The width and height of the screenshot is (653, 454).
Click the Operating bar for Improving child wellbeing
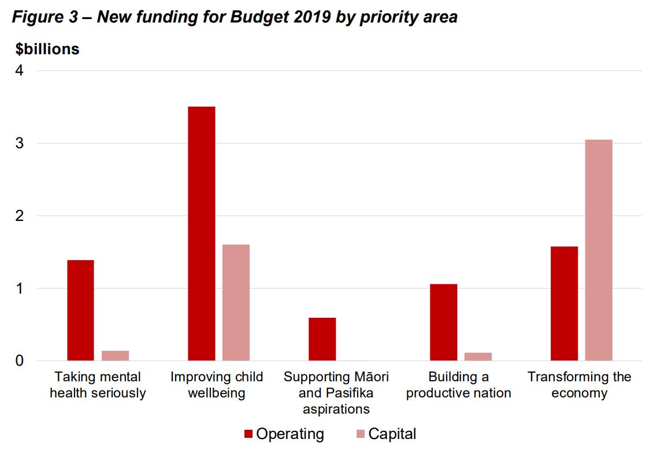tap(201, 234)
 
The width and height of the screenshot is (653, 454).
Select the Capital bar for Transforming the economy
tap(598, 250)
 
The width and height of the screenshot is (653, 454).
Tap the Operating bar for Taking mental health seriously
tap(80, 310)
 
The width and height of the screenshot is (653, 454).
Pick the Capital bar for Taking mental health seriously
tap(115, 355)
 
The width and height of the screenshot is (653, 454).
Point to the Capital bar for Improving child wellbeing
tap(236, 302)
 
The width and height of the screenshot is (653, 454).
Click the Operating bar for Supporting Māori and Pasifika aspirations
tap(322, 339)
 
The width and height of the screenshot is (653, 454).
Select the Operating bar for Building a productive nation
tap(443, 322)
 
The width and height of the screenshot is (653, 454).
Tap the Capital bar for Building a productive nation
tap(478, 357)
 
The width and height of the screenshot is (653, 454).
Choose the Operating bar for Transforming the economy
tap(564, 303)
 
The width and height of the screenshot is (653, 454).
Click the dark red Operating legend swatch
tap(248, 434)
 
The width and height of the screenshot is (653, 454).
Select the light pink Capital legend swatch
tap(360, 434)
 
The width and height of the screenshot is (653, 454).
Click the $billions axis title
tap(47, 49)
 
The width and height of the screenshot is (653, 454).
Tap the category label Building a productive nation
tap(458, 385)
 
